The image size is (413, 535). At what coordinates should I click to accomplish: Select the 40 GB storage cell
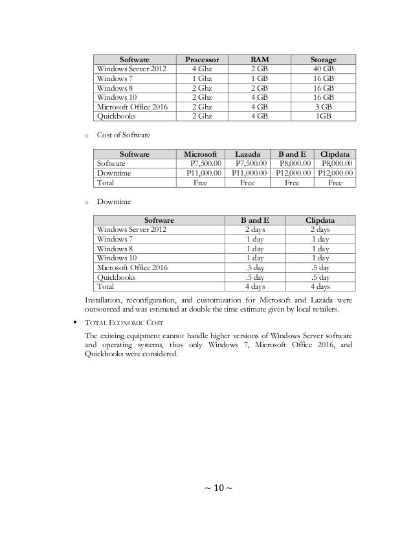click(x=324, y=69)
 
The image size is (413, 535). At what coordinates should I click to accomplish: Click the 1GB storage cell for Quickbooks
click(x=324, y=117)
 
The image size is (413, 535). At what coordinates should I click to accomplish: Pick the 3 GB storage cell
click(x=324, y=108)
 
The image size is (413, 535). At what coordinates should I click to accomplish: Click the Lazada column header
click(x=249, y=154)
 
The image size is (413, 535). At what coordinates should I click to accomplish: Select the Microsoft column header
click(x=201, y=154)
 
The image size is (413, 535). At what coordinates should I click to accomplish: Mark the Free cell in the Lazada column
click(x=249, y=183)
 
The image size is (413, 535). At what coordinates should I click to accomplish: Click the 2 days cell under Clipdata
click(x=320, y=229)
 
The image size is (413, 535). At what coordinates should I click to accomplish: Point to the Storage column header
click(x=324, y=60)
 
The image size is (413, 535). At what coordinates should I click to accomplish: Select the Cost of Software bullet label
click(x=124, y=134)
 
